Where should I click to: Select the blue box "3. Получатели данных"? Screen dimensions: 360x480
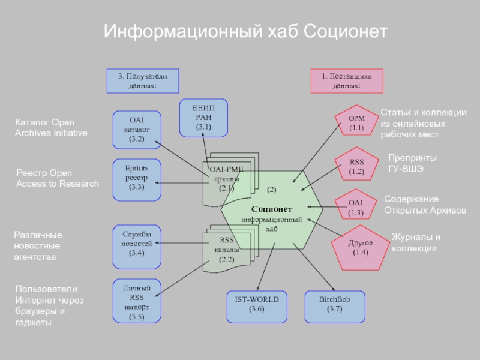(x=142, y=81)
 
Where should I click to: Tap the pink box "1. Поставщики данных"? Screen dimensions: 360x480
(x=347, y=81)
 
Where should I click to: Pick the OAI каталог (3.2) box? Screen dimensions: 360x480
(x=137, y=129)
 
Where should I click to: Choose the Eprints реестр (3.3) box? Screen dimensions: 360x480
(x=137, y=178)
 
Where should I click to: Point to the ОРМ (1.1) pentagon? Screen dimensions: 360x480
(x=357, y=123)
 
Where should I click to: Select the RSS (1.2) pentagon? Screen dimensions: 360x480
(x=357, y=166)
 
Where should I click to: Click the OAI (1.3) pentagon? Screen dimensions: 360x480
(x=356, y=208)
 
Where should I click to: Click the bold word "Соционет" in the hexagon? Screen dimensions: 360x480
(x=272, y=209)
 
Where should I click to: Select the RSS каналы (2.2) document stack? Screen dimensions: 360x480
(x=227, y=249)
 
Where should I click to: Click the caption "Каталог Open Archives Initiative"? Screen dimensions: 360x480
(x=51, y=128)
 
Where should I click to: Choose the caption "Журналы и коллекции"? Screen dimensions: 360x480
(x=416, y=242)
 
